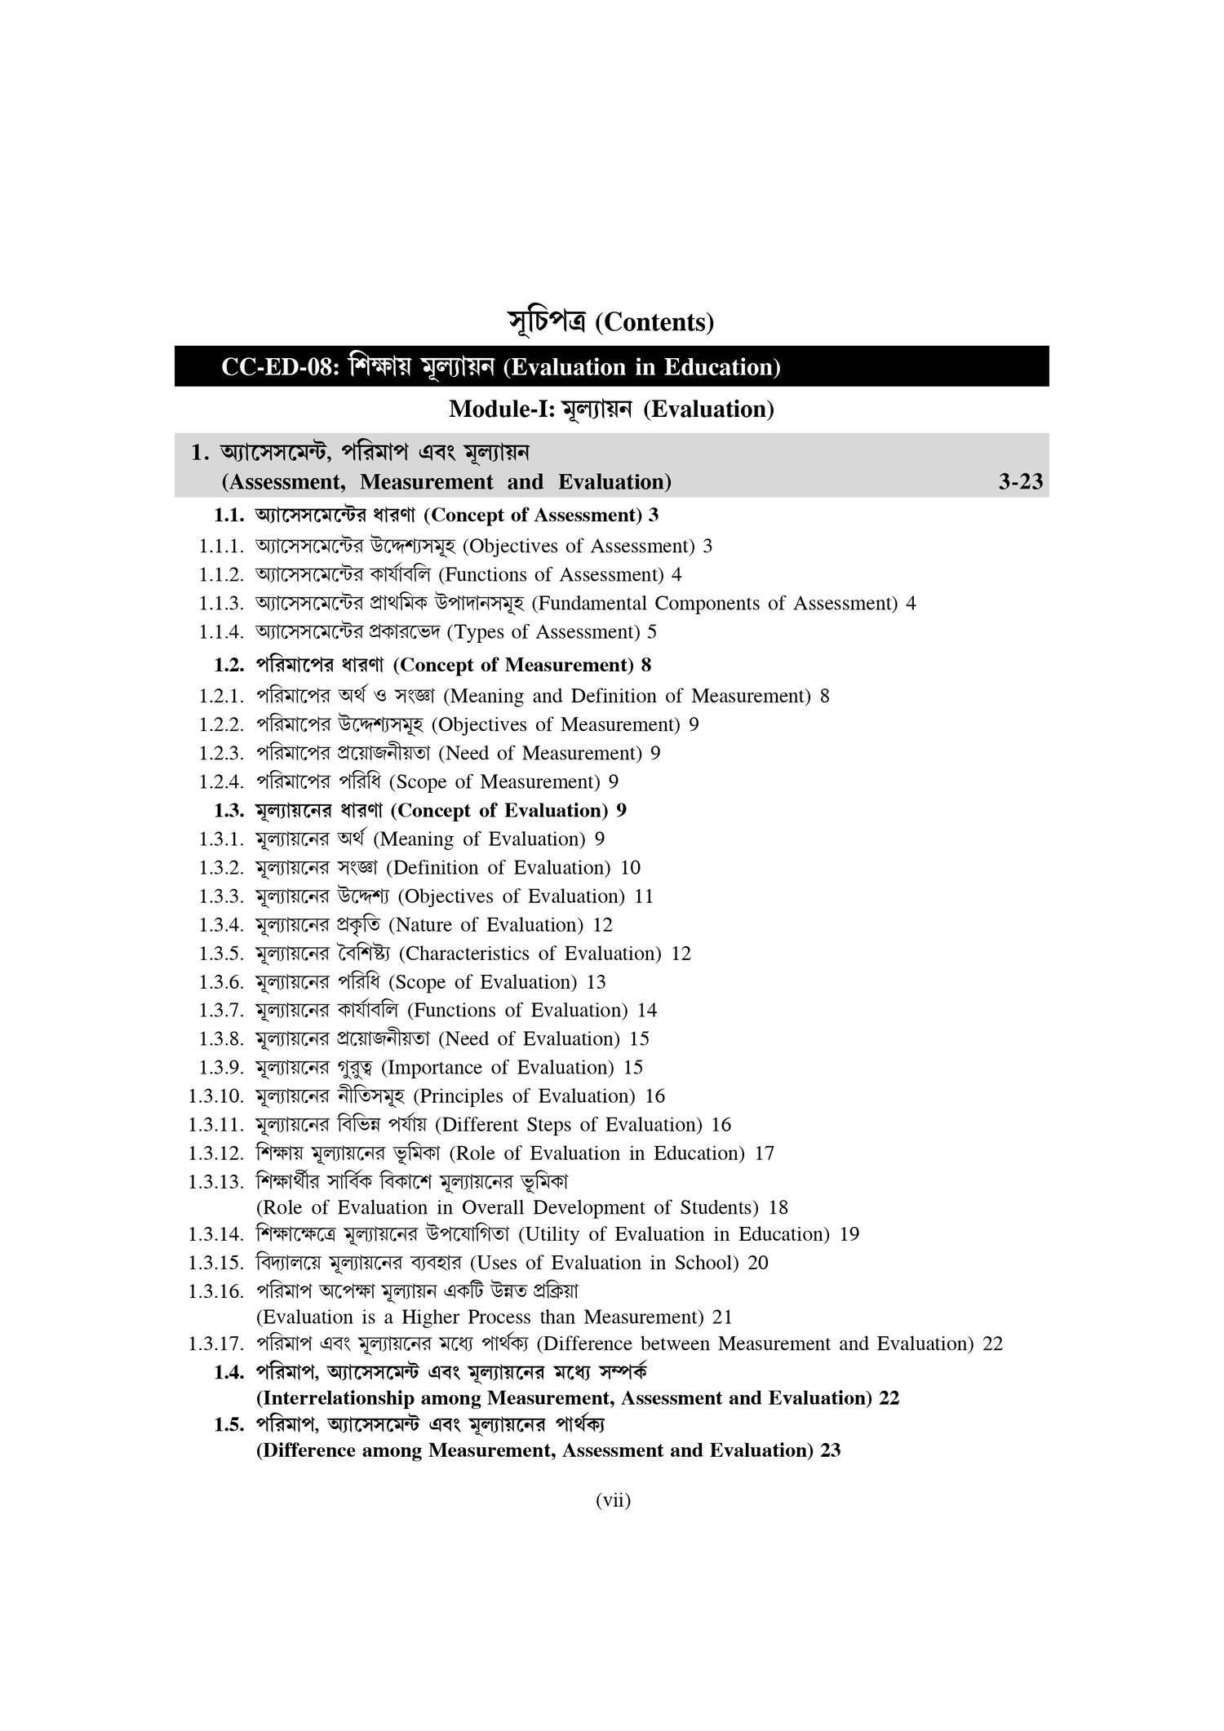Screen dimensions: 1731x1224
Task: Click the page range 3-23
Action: pyautogui.click(x=1020, y=482)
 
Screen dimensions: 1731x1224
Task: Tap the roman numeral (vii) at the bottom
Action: pyautogui.click(x=614, y=1522)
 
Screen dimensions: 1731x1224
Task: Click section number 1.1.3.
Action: pyautogui.click(x=221, y=604)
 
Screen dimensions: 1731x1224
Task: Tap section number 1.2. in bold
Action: pyautogui.click(x=229, y=665)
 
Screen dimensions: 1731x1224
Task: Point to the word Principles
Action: pyautogui.click(x=466, y=1096)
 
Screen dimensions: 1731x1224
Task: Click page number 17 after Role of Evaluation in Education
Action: pyautogui.click(x=764, y=1153)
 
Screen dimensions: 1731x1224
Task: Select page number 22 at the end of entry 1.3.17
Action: pyautogui.click(x=992, y=1344)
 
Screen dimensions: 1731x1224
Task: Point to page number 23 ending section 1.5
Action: pyautogui.click(x=831, y=1451)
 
